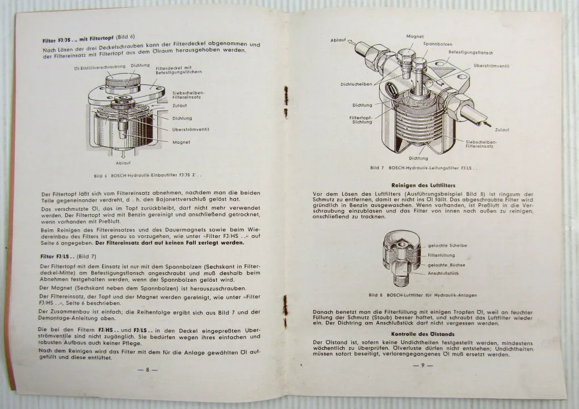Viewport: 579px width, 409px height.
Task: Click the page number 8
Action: point(147,369)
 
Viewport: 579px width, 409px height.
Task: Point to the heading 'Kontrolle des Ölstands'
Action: point(421,334)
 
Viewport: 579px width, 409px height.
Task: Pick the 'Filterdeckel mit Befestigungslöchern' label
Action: point(177,70)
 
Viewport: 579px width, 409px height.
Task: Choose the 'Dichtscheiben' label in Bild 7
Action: point(356,84)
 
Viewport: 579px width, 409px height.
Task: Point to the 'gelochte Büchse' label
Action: point(445,265)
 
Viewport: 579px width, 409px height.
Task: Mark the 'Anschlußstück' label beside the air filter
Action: point(444,274)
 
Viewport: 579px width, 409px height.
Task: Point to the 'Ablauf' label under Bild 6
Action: point(123,163)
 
